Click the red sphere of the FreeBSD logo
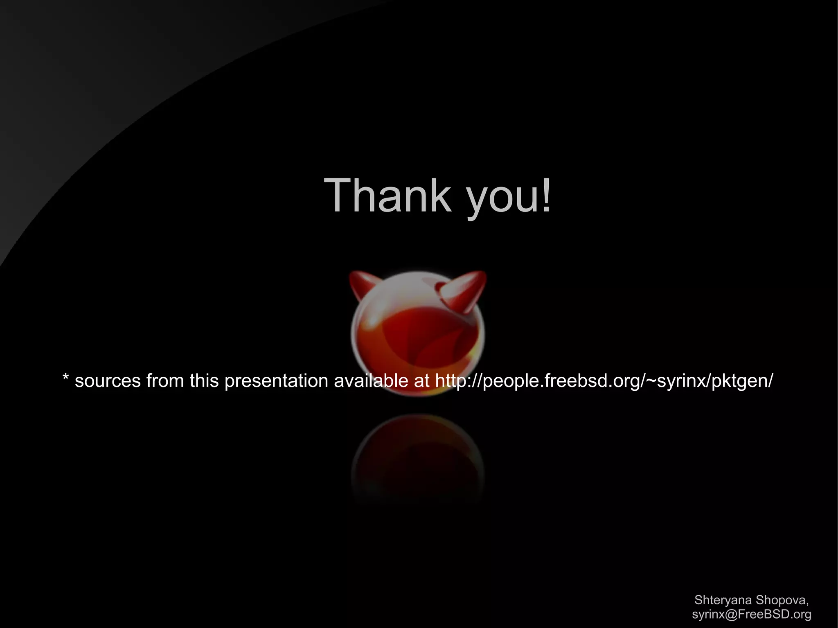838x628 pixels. click(417, 335)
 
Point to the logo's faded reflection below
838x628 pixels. click(417, 454)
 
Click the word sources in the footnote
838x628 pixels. click(108, 381)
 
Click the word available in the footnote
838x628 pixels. click(370, 381)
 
